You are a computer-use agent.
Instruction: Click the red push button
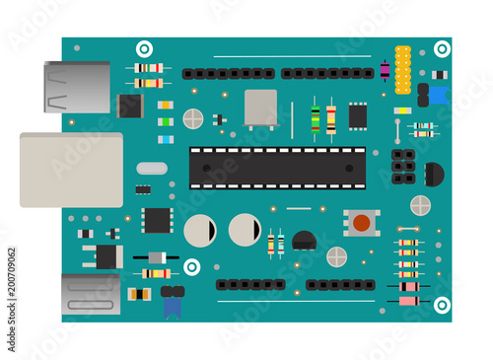click(362, 223)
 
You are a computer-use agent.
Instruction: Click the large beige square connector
click(71, 170)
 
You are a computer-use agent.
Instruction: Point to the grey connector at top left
click(77, 87)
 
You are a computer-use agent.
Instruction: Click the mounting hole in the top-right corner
click(442, 48)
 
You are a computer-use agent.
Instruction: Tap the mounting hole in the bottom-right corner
click(442, 305)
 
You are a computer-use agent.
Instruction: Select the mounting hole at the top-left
click(144, 48)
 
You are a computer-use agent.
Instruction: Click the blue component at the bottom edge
click(172, 305)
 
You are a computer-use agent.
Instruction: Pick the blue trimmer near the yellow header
click(438, 95)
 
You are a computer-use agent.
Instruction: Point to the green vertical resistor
click(315, 119)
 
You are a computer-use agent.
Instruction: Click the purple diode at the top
click(385, 70)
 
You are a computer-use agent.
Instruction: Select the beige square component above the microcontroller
click(260, 108)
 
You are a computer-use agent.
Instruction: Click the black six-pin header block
click(402, 167)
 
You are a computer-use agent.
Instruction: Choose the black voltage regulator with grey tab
click(104, 256)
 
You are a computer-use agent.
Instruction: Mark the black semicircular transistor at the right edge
click(433, 175)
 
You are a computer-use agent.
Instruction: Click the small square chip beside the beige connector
click(156, 220)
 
